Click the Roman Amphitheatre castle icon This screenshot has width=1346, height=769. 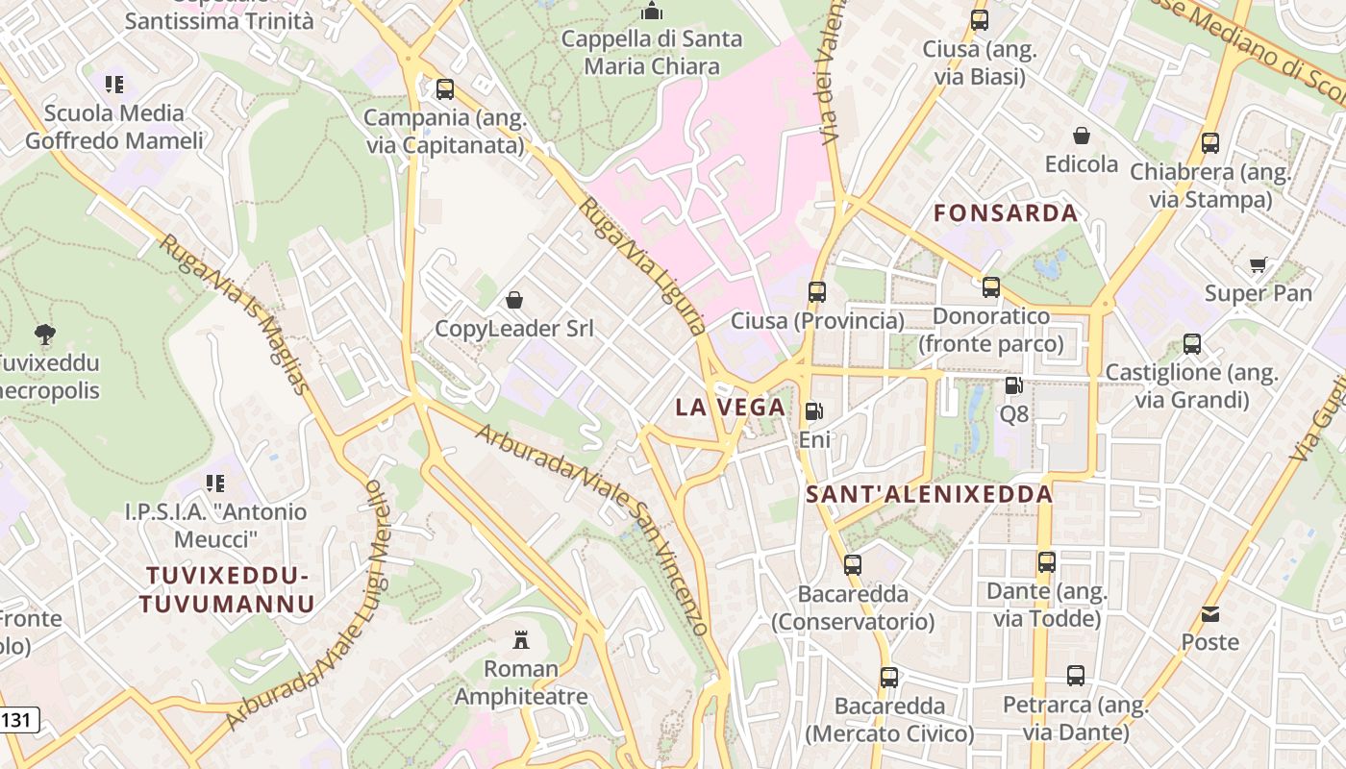pyautogui.click(x=521, y=639)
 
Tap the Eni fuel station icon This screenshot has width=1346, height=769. pyautogui.click(x=813, y=411)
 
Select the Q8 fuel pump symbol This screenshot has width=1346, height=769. pyautogui.click(x=1013, y=385)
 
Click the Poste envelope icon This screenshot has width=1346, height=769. pyautogui.click(x=1210, y=613)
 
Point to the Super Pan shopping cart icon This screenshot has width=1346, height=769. pyautogui.click(x=1258, y=265)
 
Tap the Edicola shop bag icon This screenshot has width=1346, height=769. pyautogui.click(x=1082, y=136)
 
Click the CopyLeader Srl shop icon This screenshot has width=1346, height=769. pyautogui.click(x=514, y=300)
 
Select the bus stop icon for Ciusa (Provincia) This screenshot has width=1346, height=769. pyautogui.click(x=817, y=291)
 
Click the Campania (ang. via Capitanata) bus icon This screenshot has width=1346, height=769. pyautogui.click(x=444, y=89)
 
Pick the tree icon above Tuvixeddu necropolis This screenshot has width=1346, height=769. pyautogui.click(x=44, y=335)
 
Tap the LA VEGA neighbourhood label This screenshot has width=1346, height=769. pyautogui.click(x=731, y=408)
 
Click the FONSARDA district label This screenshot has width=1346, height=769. pyautogui.click(x=1006, y=213)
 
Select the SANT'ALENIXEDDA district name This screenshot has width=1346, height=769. pyautogui.click(x=929, y=495)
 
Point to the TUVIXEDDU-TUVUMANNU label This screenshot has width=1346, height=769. pyautogui.click(x=227, y=589)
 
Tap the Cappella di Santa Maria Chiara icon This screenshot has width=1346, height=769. pyautogui.click(x=652, y=12)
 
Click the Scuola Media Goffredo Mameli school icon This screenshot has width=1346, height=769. pyautogui.click(x=114, y=85)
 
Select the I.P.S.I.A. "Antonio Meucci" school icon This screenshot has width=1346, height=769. pyautogui.click(x=215, y=483)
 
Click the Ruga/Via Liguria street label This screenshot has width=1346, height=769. pyautogui.click(x=643, y=265)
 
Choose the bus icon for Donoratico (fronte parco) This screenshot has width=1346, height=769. pyautogui.click(x=991, y=287)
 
